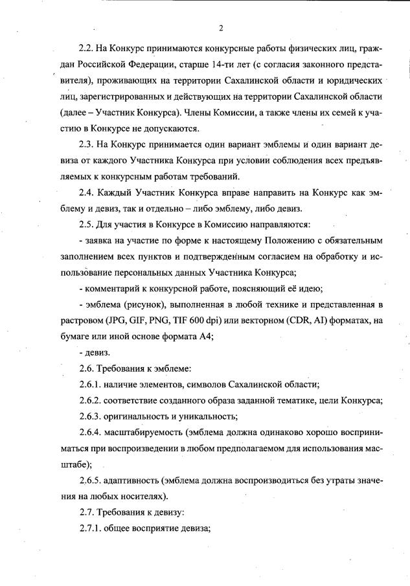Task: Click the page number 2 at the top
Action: coord(221,28)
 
